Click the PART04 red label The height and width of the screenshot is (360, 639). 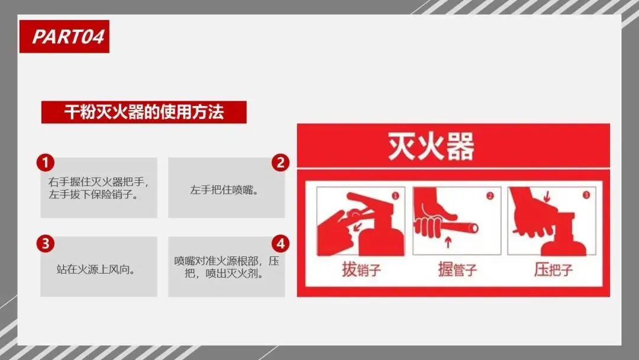click(x=64, y=36)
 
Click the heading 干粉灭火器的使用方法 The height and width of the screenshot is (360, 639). click(x=144, y=112)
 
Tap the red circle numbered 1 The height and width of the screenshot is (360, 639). click(x=45, y=163)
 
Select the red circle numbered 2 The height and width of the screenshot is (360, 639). click(x=280, y=163)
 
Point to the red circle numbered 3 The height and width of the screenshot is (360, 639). click(x=45, y=243)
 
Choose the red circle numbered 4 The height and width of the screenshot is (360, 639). click(x=280, y=243)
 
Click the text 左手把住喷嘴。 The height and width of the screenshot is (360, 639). click(x=225, y=190)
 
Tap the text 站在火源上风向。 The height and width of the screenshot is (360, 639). click(x=96, y=269)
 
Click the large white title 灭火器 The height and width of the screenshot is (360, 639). click(x=431, y=146)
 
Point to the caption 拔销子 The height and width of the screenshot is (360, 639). click(x=361, y=269)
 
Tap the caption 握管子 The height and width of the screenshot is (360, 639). click(x=457, y=269)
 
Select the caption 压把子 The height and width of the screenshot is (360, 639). click(x=553, y=269)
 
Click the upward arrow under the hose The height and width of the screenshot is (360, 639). click(x=448, y=242)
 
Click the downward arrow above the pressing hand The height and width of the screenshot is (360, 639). click(x=547, y=197)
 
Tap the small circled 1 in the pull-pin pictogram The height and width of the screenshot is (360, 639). click(x=395, y=196)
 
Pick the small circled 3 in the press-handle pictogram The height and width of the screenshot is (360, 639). click(x=586, y=195)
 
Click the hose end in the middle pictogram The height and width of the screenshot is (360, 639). click(x=473, y=227)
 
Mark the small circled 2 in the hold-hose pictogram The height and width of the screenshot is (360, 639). click(x=490, y=196)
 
